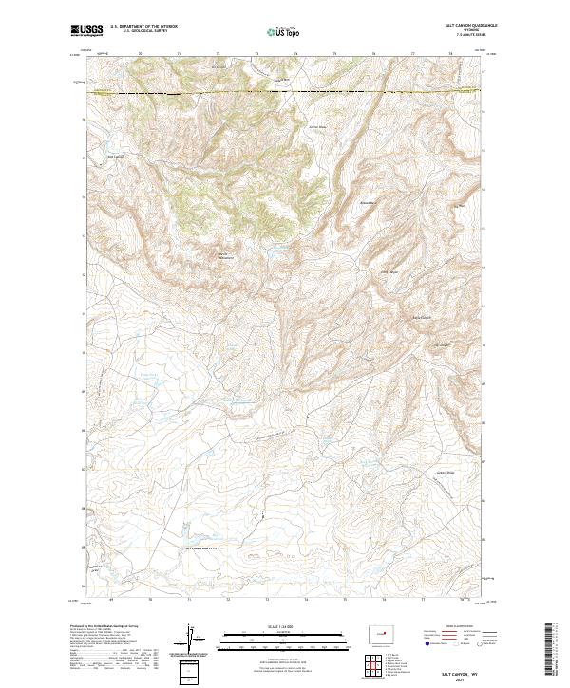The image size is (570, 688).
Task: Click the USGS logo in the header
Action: (x=89, y=31)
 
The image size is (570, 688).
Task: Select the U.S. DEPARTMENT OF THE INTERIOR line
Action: (x=142, y=26)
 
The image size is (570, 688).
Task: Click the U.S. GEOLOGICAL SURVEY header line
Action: (x=142, y=31)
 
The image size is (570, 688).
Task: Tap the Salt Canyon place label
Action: (x=116, y=157)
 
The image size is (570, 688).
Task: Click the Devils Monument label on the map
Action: (x=225, y=254)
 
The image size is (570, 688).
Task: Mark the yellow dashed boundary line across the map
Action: (x=285, y=92)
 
